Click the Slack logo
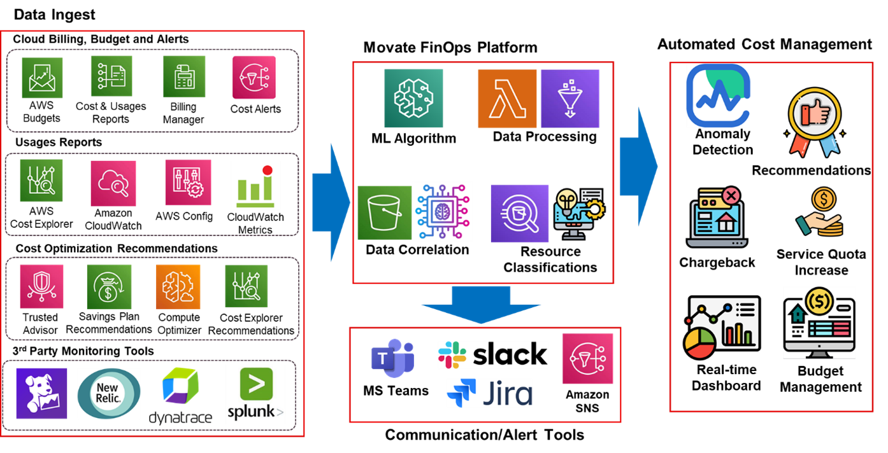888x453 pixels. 492,355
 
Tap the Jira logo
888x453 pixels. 489,393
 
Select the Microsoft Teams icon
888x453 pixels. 392,358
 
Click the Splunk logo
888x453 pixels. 255,395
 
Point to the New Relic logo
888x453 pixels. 109,394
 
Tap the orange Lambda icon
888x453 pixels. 507,99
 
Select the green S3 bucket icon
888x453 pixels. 384,213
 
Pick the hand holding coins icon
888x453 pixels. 820,214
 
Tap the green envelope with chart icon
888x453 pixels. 43,78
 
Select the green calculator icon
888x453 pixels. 184,76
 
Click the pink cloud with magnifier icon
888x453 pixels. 113,183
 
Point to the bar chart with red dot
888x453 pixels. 255,185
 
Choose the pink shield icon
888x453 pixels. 41,286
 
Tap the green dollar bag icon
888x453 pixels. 109,287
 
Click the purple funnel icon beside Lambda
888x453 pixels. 570,99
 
